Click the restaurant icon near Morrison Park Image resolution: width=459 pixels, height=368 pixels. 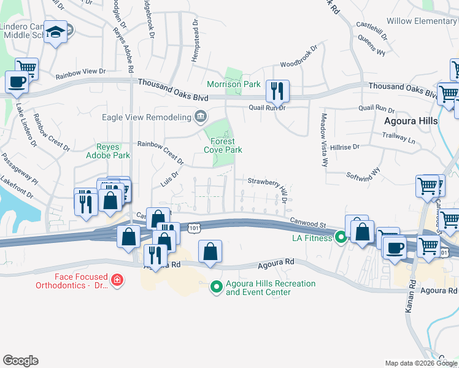[278, 91]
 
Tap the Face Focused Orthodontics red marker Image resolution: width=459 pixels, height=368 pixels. [117, 281]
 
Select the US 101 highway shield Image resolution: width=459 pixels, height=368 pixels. [194, 228]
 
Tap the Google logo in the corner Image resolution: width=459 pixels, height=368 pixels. [20, 361]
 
